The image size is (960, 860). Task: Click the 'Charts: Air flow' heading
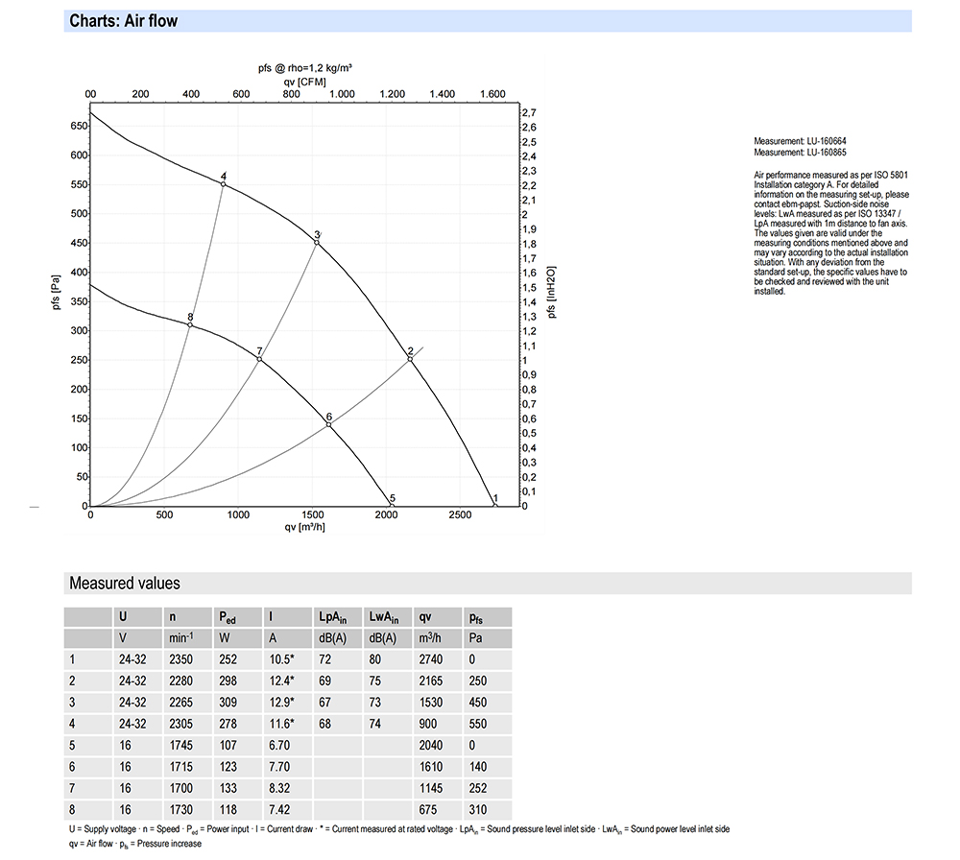pyautogui.click(x=123, y=21)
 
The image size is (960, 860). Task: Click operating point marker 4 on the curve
pyautogui.click(x=224, y=183)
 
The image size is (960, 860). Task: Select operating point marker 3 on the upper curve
pyautogui.click(x=317, y=243)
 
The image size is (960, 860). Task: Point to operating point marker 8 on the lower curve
pyautogui.click(x=190, y=325)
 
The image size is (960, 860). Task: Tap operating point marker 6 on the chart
pyautogui.click(x=329, y=424)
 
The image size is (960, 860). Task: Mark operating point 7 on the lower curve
pyautogui.click(x=259, y=359)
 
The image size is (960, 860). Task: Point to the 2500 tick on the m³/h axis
pyautogui.click(x=461, y=516)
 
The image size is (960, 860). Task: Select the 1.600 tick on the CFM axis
pyautogui.click(x=492, y=95)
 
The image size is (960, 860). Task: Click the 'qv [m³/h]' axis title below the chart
pyautogui.click(x=304, y=528)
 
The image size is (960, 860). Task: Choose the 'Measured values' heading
pyautogui.click(x=124, y=584)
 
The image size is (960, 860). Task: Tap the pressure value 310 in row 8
pyautogui.click(x=478, y=811)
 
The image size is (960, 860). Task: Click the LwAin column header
pyautogui.click(x=385, y=617)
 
